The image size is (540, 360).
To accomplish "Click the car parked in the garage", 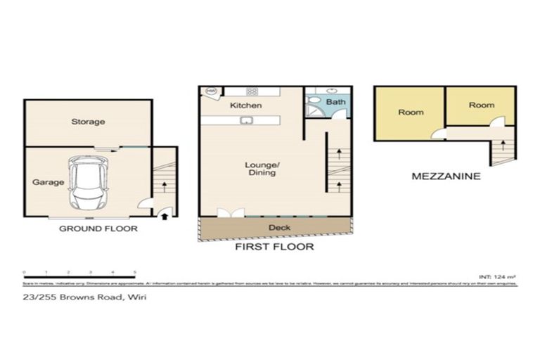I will point(88,183).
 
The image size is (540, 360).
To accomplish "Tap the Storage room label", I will point(88,122).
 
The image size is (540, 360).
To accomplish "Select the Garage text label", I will point(48,182).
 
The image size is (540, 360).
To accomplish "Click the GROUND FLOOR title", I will point(98,229).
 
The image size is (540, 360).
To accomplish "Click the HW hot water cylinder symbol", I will point(210,91).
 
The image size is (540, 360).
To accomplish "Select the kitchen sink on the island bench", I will point(247,121).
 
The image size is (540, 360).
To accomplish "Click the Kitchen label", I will point(246,105).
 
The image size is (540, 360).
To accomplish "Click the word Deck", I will point(279,228).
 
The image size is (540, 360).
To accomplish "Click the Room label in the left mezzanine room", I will point(411,112).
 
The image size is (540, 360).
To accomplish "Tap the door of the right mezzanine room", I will point(497,122).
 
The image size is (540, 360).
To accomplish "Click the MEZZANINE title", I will point(446,176).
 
